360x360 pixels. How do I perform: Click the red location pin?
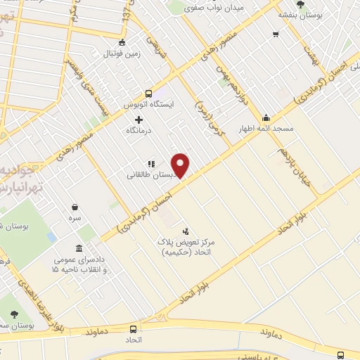(181, 165)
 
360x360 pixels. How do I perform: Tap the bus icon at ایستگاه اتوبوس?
(148, 93)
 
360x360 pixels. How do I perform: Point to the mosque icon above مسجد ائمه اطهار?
(266, 118)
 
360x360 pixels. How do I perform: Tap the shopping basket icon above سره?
(75, 207)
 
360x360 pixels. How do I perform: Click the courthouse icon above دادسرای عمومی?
(78, 250)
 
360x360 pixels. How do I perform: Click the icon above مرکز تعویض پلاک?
(186, 230)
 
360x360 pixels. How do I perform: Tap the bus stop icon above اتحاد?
(133, 328)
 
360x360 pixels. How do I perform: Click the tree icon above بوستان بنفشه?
(301, 4)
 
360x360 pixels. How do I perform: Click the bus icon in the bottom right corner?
(341, 355)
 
